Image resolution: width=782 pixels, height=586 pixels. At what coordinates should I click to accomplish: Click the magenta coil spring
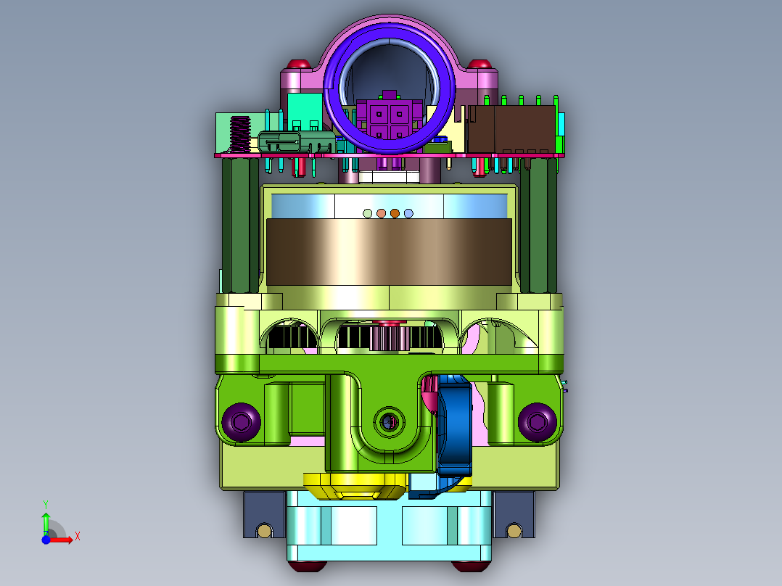click(240, 135)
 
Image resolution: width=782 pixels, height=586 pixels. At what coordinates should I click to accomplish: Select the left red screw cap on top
click(299, 64)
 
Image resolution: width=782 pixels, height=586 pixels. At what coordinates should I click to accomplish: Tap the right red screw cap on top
click(480, 64)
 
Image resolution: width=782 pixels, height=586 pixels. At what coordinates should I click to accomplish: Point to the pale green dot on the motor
click(368, 213)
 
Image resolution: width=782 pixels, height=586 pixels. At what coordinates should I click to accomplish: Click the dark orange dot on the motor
click(395, 213)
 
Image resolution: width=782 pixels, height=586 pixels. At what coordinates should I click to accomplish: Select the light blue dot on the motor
click(408, 213)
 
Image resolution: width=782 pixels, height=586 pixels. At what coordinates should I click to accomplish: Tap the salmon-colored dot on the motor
click(381, 213)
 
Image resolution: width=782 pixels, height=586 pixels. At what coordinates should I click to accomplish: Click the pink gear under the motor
click(390, 338)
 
